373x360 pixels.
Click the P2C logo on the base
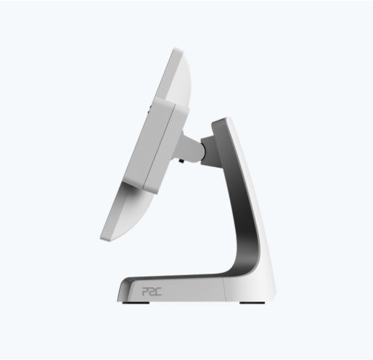(152, 292)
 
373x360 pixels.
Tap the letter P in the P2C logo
(144, 292)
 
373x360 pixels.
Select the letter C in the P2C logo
(158, 292)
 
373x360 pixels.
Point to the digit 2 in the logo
(152, 292)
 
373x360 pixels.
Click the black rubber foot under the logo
(136, 303)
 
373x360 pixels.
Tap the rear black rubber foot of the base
(252, 303)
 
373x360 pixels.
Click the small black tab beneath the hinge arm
(181, 160)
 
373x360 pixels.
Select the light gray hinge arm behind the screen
(190, 147)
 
